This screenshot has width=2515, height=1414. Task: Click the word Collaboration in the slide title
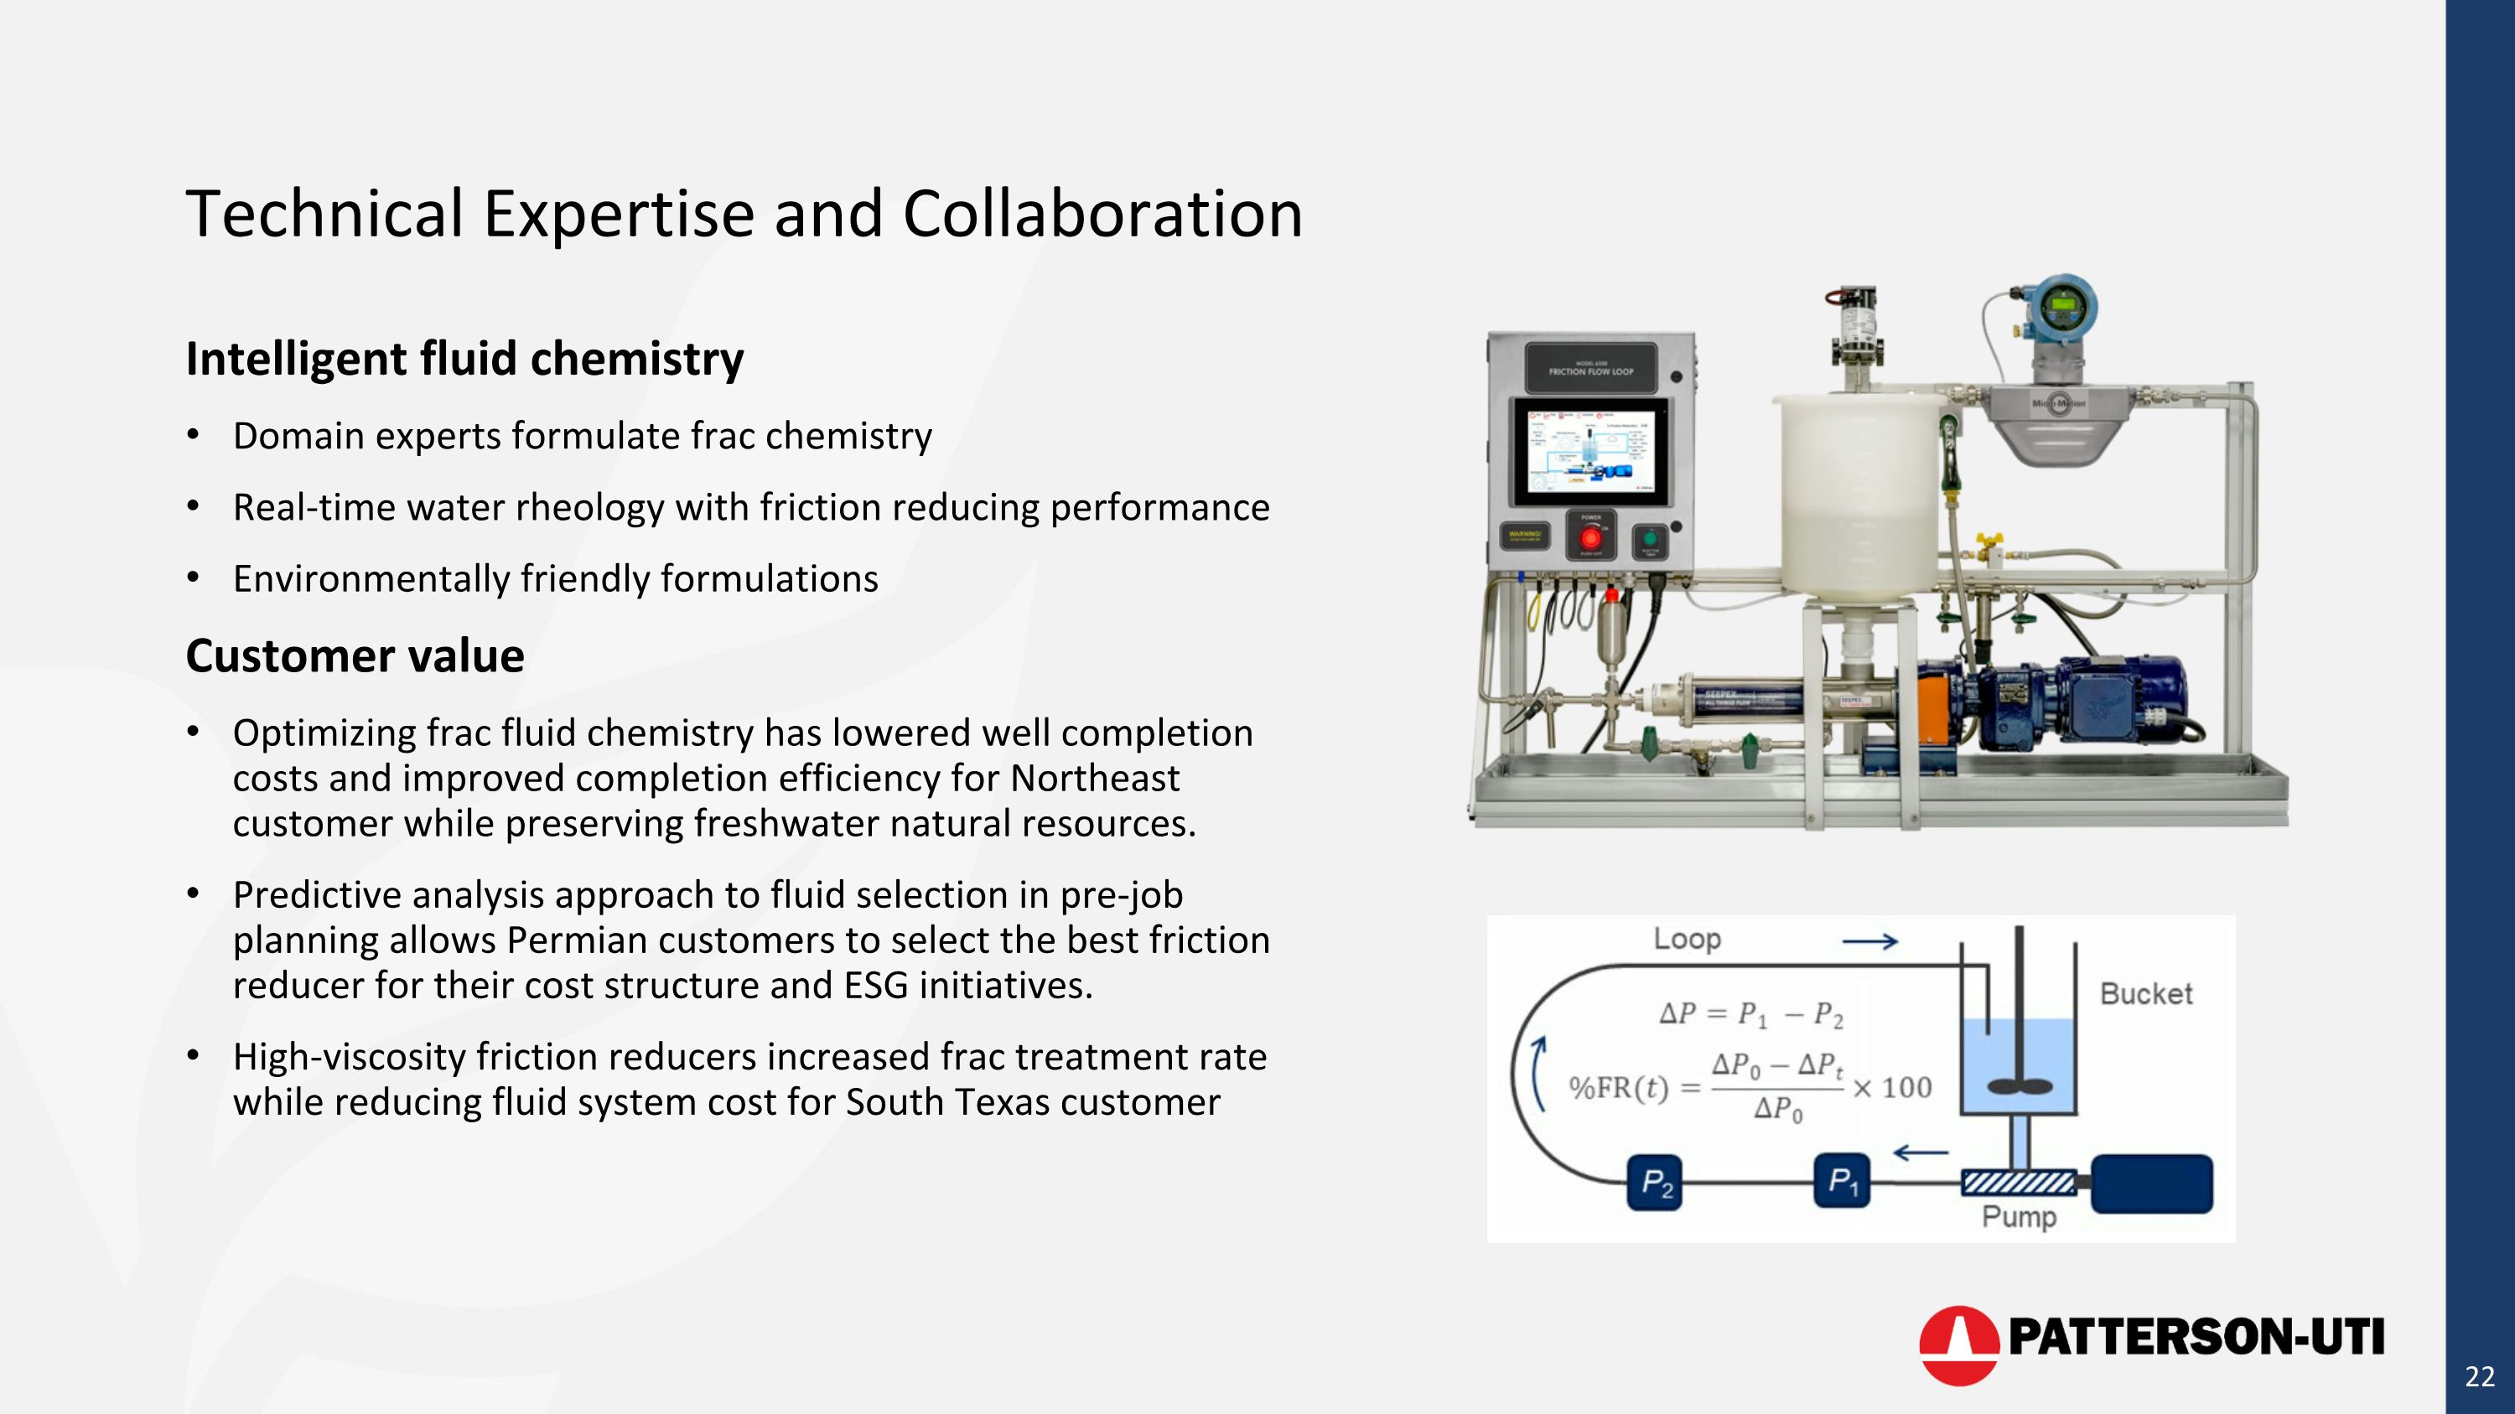(x=1102, y=215)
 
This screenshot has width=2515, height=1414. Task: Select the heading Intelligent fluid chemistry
(x=464, y=359)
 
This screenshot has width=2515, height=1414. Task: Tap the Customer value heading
(x=355, y=655)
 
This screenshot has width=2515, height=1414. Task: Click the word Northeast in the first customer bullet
(x=1095, y=779)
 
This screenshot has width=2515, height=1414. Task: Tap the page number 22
(x=2479, y=1377)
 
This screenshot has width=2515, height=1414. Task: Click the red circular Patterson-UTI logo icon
(x=1958, y=1344)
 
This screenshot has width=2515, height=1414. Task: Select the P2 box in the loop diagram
(x=1655, y=1184)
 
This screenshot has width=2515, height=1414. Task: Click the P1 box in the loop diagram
(x=1841, y=1182)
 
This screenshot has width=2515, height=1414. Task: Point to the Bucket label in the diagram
(x=2145, y=994)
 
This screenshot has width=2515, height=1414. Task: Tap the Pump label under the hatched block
(x=2018, y=1217)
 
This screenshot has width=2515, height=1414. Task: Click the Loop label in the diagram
(x=1686, y=940)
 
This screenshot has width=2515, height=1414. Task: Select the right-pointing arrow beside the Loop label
(x=1869, y=942)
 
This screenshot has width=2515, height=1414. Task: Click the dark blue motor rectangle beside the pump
(x=2151, y=1184)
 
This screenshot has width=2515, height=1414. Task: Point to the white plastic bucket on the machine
(x=1857, y=498)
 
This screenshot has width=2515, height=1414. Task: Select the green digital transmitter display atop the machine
(x=2061, y=305)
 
